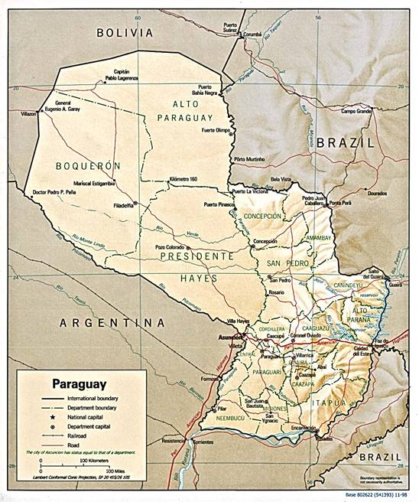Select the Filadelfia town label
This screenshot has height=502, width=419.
click(122, 204)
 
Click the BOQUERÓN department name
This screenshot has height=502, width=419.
click(88, 165)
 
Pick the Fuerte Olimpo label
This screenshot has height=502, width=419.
click(216, 130)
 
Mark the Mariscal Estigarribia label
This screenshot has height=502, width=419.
click(94, 184)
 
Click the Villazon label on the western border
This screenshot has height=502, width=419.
click(29, 113)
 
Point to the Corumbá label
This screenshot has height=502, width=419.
click(253, 34)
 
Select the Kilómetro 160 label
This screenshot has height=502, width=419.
click(189, 178)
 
